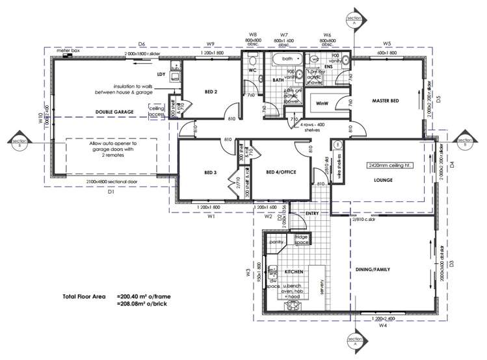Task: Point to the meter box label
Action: tap(68, 50)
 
